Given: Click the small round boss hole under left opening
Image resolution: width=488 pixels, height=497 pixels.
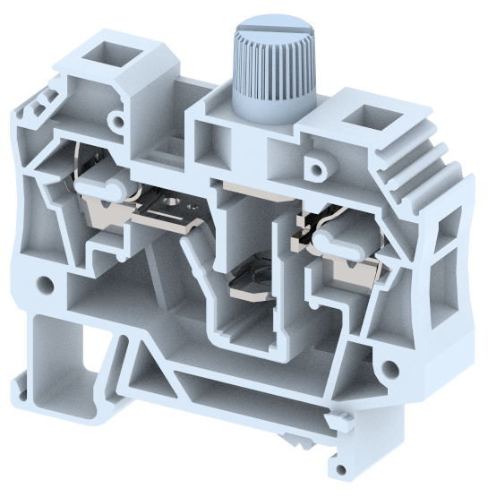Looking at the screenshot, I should pyautogui.click(x=116, y=118).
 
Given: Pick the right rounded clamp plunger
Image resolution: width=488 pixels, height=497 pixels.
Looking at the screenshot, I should pyautogui.click(x=338, y=238).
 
